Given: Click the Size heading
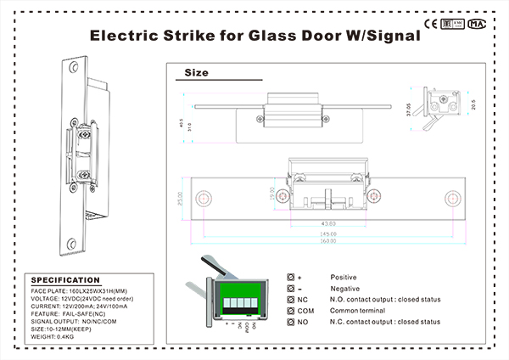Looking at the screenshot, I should click(x=196, y=73).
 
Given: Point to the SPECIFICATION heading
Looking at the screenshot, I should click(x=65, y=279).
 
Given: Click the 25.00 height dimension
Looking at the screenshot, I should click(x=181, y=198).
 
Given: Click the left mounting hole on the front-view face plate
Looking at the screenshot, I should click(x=202, y=198).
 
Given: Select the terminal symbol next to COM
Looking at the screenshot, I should click(x=291, y=311).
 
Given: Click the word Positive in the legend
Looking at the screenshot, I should click(x=344, y=278).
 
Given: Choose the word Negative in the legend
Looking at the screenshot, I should click(x=344, y=289).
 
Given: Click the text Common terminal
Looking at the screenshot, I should click(x=357, y=311).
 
